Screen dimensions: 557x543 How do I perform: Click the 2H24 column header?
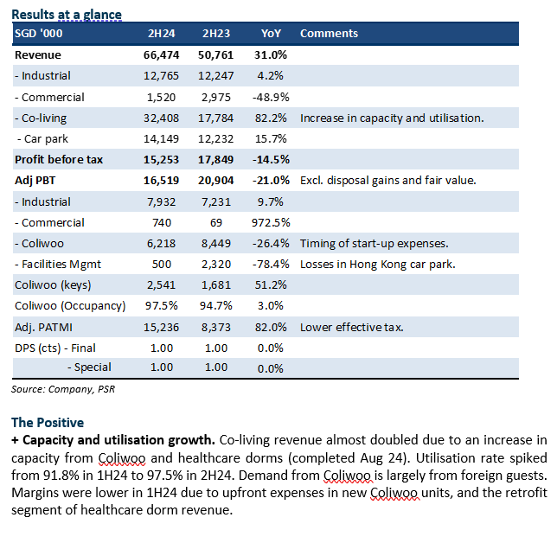click(161, 34)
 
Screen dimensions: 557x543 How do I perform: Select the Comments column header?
click(329, 34)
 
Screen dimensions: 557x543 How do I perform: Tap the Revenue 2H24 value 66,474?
click(161, 55)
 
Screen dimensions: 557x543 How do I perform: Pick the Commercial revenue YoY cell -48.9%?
click(271, 98)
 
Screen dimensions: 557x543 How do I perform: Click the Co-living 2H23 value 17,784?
click(216, 118)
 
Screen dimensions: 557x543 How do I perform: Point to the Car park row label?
click(42, 139)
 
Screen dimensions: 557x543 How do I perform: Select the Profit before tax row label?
click(59, 160)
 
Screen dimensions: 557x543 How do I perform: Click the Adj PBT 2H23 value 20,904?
click(216, 181)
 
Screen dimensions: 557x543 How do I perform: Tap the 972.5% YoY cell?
click(271, 223)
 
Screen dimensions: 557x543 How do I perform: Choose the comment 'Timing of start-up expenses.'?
click(375, 244)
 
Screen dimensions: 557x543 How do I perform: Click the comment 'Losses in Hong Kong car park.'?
click(378, 265)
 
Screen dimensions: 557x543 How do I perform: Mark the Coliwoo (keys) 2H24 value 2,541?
click(161, 285)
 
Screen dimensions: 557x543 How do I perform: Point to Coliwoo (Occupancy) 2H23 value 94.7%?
click(216, 306)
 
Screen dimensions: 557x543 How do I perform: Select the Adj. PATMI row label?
click(44, 327)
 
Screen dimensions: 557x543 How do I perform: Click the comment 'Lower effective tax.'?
click(352, 327)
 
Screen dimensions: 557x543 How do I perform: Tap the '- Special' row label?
click(90, 367)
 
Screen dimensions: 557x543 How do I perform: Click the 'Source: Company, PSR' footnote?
click(63, 389)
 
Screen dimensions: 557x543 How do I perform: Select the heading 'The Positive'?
click(48, 423)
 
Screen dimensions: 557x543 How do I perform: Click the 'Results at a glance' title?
click(67, 15)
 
